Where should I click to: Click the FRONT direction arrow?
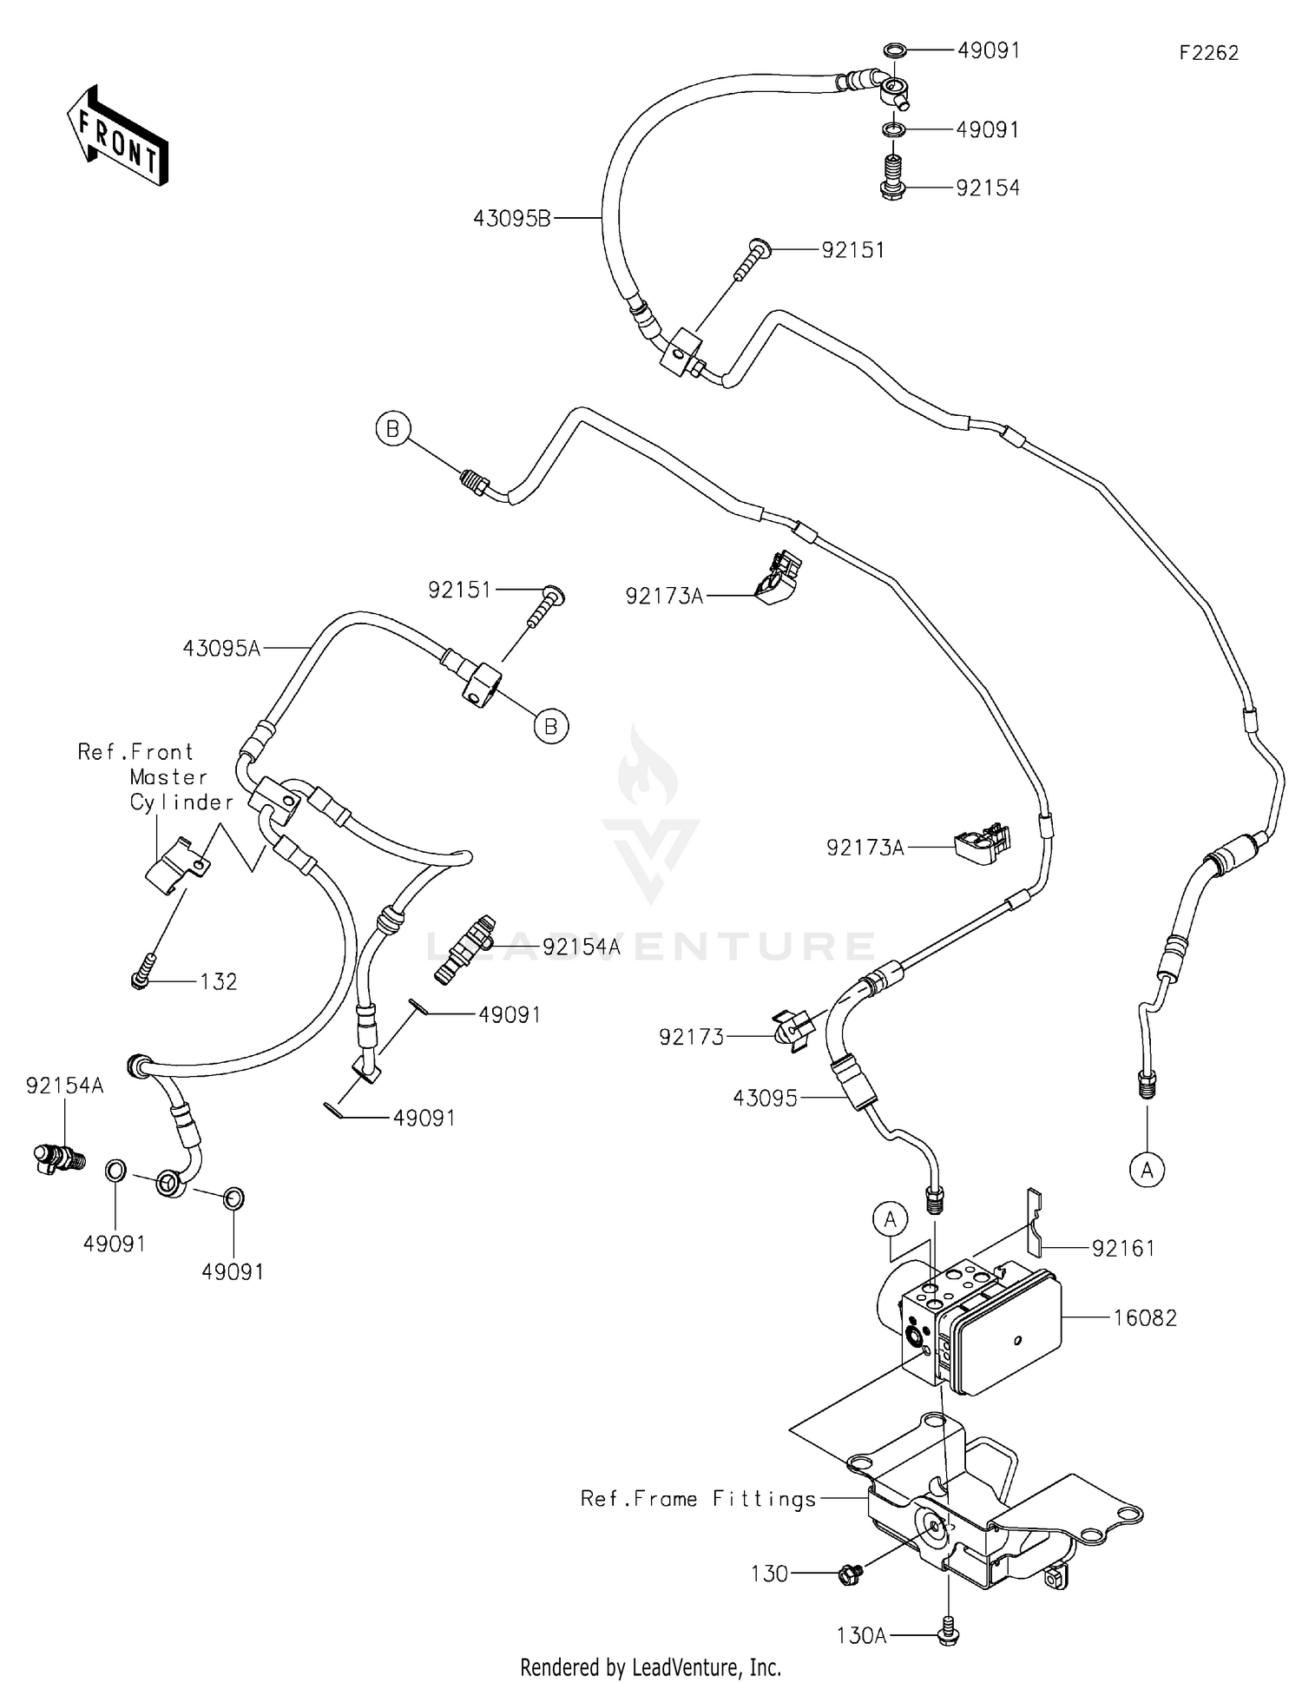tap(116, 137)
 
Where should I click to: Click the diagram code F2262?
tap(1208, 53)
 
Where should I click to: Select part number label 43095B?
tap(512, 219)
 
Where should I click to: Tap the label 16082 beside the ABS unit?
tap(1146, 1317)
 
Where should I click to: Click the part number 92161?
tap(1123, 1248)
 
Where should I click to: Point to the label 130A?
tap(861, 1635)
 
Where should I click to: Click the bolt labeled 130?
tap(850, 1573)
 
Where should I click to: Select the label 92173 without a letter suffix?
tap(691, 1036)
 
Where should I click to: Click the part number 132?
tap(218, 981)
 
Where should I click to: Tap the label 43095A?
tap(221, 648)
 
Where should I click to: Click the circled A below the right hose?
tap(1147, 1170)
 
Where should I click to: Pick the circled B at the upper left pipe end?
tap(393, 429)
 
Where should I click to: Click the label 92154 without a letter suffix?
tap(988, 188)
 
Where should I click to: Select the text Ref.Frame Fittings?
tap(699, 1498)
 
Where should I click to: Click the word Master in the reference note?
tap(168, 776)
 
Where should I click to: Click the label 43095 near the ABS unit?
tap(764, 1098)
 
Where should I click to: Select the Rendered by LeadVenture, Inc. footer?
tap(650, 1666)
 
